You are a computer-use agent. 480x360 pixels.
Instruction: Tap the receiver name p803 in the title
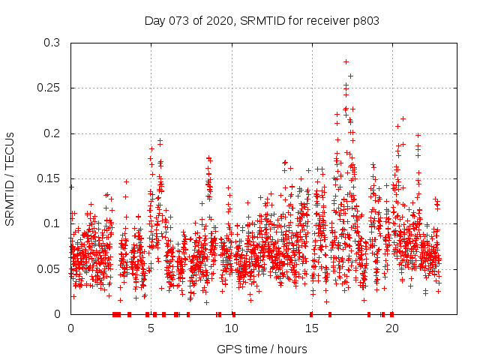[364, 20]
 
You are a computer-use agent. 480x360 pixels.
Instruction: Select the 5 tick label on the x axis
[151, 328]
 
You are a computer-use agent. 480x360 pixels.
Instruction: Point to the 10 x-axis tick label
[231, 328]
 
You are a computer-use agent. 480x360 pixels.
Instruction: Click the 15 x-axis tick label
[311, 328]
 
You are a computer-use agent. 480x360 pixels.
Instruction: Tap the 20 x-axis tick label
[391, 328]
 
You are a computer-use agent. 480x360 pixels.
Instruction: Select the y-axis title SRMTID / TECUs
[10, 178]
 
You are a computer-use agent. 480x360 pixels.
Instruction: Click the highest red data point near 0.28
[346, 61]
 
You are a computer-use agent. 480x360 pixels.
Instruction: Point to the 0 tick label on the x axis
[70, 328]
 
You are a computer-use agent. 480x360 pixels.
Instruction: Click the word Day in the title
[154, 20]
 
